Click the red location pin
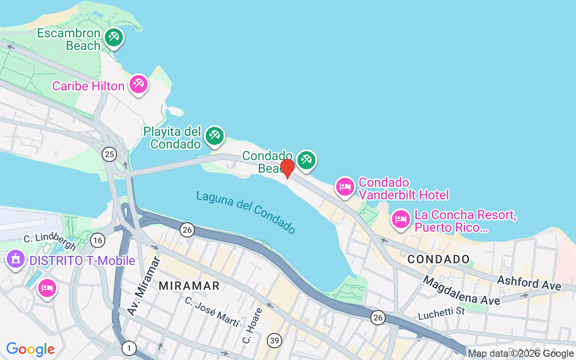tap(287, 168)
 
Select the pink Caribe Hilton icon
tap(139, 84)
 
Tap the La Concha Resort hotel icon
tap(400, 219)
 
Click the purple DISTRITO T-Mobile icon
tap(16, 259)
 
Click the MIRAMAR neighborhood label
tap(189, 286)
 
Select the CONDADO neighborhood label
tap(438, 259)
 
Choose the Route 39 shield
tap(274, 340)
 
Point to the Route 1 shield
tap(129, 348)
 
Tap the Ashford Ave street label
tap(529, 283)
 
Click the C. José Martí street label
tap(211, 312)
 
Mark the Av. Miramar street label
tap(144, 286)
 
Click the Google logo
tap(30, 349)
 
